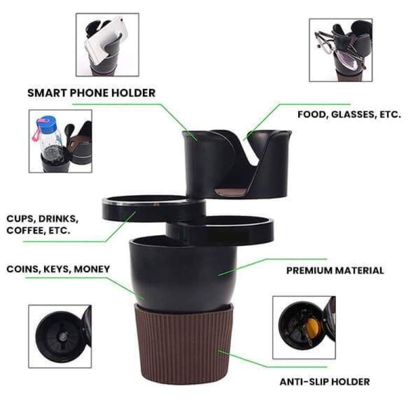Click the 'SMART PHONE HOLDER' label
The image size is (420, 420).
[x=91, y=93]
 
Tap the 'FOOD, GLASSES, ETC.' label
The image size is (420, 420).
[x=349, y=114]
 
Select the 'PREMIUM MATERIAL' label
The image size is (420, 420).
[x=335, y=271]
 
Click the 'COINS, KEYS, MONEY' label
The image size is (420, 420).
[x=58, y=269]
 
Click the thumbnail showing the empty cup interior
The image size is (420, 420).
[x=59, y=336]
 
